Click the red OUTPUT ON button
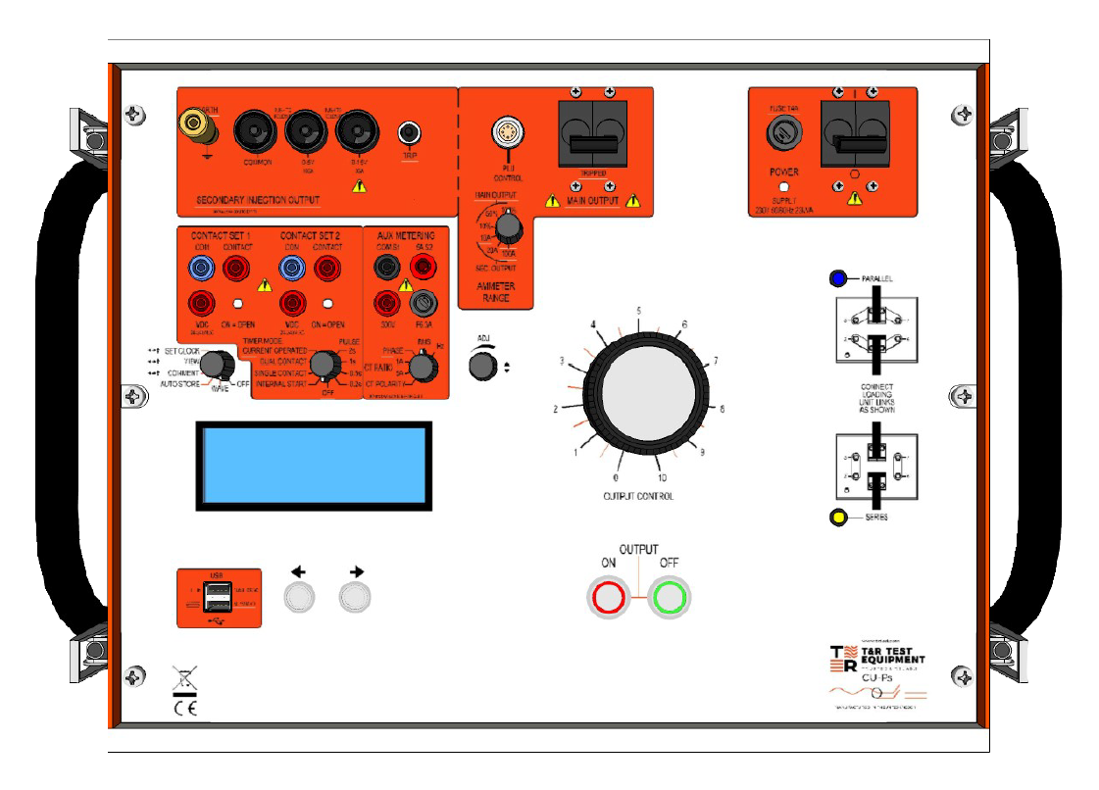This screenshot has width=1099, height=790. point(608,596)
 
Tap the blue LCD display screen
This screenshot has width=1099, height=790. point(314,467)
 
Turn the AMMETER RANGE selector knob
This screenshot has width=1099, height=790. point(508,227)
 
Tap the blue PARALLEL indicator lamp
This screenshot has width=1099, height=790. point(838,278)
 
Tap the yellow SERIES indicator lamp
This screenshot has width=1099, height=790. point(839,518)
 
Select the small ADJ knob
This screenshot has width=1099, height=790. point(481,367)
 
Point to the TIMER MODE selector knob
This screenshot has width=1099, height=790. point(320,370)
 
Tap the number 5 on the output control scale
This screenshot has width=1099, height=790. point(639,312)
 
